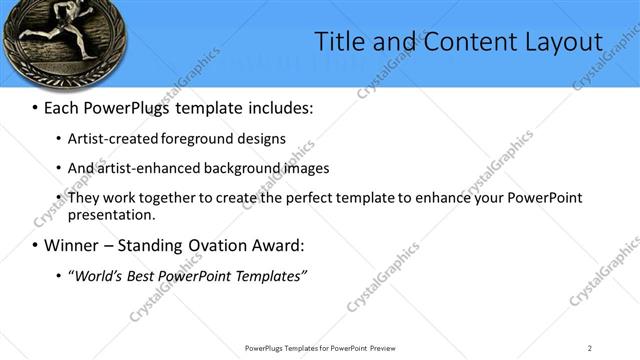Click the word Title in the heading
click(x=340, y=41)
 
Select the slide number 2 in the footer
click(x=589, y=348)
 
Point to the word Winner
click(x=72, y=245)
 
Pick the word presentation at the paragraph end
click(x=111, y=215)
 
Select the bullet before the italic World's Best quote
click(x=60, y=275)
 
